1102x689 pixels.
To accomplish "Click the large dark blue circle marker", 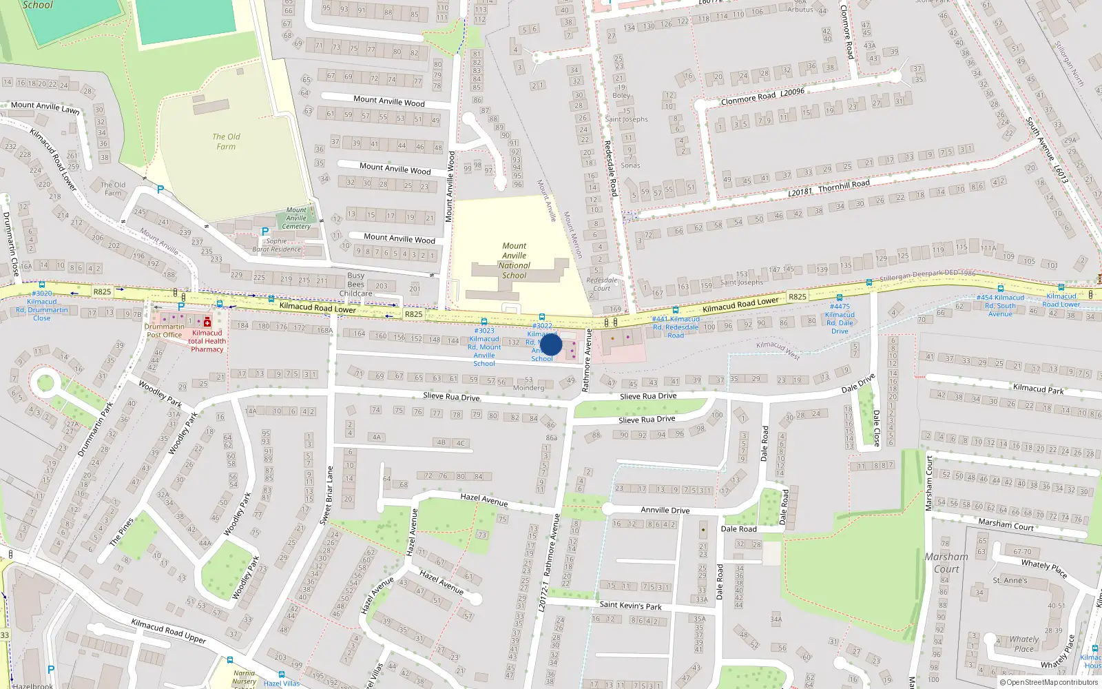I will tap(551, 344).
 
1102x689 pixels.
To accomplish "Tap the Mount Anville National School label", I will tap(514, 260).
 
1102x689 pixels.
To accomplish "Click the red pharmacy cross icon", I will tap(207, 322).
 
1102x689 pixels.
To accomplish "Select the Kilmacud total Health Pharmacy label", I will tap(207, 341).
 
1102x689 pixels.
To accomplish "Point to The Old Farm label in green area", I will tap(226, 141).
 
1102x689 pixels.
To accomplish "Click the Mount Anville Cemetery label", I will tap(296, 218).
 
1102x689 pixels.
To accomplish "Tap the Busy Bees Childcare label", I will tap(356, 284).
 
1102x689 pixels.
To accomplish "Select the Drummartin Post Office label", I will tap(164, 331).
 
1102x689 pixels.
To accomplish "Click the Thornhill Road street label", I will tap(844, 185).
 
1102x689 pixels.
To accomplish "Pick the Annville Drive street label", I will tap(665, 510).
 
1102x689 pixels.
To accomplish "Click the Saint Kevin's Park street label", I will tap(630, 605).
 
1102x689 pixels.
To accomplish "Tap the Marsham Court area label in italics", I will tap(946, 562).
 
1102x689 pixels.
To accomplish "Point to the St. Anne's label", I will tap(1010, 580).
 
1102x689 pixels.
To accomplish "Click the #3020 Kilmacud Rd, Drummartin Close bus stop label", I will tap(41, 305).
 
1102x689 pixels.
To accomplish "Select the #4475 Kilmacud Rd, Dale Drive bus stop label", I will tap(840, 318).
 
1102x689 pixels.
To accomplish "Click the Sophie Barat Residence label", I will tap(276, 245).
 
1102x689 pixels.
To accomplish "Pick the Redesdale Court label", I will tap(601, 284).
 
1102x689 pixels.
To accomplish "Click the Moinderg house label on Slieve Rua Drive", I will tap(529, 387).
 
